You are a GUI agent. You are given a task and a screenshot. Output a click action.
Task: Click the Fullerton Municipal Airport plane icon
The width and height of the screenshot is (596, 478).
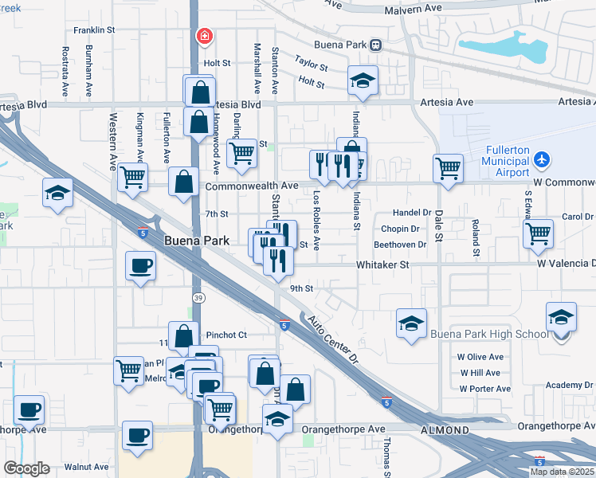[542, 159]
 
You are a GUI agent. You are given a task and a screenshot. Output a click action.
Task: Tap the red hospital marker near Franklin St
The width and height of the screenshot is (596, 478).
[205, 37]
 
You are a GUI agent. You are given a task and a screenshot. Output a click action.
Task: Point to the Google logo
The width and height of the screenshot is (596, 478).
[25, 468]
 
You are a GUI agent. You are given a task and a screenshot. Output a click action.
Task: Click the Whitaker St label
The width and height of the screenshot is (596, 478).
[382, 264]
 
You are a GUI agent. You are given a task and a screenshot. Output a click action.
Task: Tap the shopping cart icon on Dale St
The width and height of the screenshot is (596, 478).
[449, 167]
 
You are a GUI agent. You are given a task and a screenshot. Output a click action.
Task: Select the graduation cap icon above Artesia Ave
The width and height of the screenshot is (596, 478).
[363, 80]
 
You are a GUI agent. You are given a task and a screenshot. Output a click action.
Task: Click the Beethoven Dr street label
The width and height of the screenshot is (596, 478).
[400, 245]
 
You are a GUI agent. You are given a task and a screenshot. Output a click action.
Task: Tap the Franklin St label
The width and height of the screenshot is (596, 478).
[94, 30]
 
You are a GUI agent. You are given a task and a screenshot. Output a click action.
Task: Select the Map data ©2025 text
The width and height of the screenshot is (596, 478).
[561, 472]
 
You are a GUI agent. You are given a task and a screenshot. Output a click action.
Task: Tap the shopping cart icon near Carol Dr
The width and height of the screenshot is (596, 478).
[539, 233]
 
